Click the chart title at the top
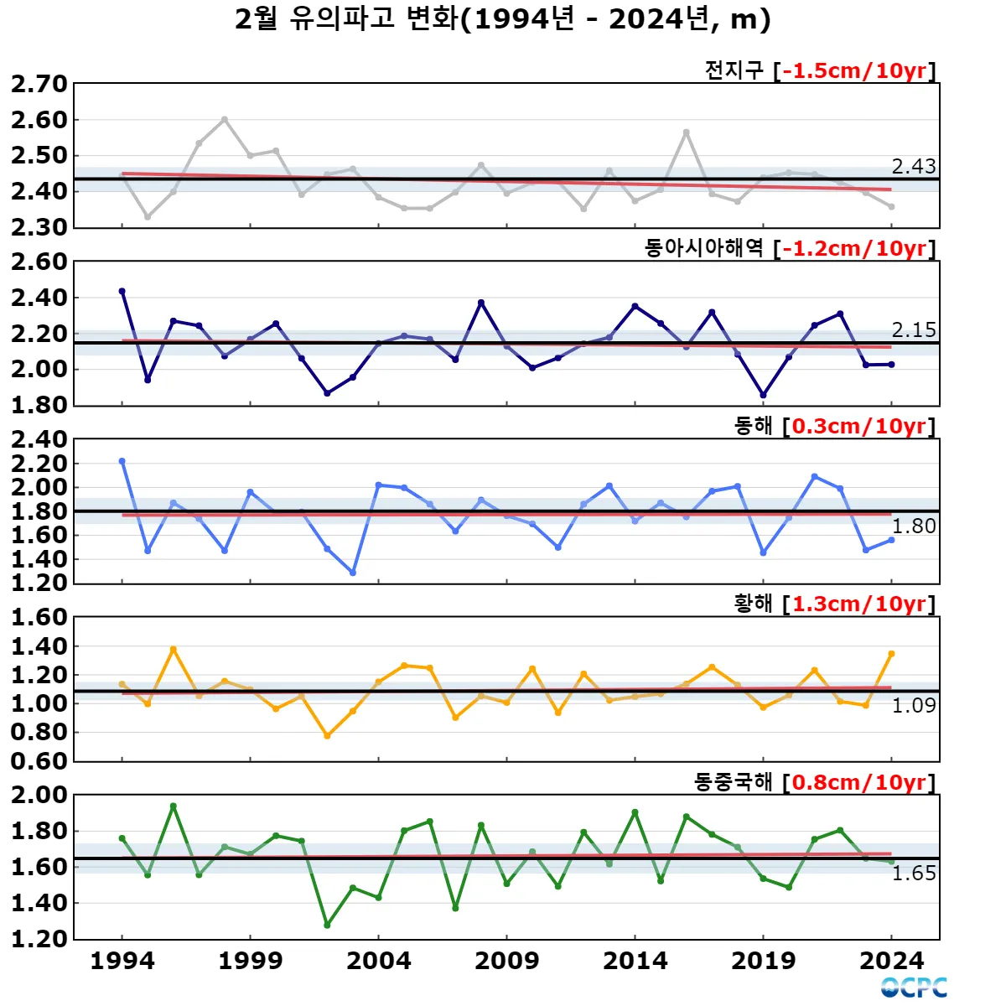click(503, 19)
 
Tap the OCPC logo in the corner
click(914, 987)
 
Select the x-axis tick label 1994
click(122, 961)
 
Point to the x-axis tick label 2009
click(506, 961)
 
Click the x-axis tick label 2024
click(891, 961)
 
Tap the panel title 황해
click(753, 604)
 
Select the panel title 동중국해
click(733, 782)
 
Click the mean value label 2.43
click(913, 166)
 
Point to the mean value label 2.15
click(913, 329)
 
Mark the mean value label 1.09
click(913, 705)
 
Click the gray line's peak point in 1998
click(225, 119)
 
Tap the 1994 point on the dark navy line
click(122, 291)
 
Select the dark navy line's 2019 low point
click(763, 395)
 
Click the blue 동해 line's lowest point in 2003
click(353, 573)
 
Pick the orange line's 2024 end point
click(891, 654)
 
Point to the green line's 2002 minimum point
click(327, 925)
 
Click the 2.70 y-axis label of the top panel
click(39, 84)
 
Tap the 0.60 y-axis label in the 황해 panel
click(39, 760)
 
